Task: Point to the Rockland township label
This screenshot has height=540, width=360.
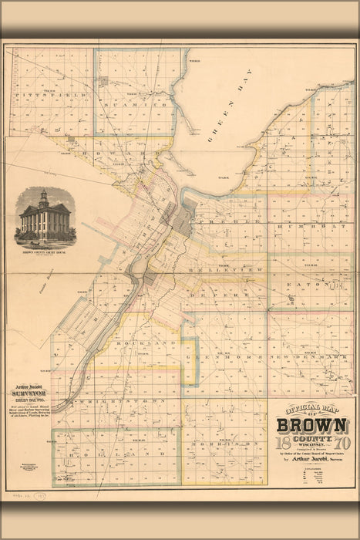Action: click(130, 342)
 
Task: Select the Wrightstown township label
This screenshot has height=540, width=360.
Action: click(116, 402)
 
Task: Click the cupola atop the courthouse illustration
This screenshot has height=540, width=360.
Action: click(43, 195)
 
